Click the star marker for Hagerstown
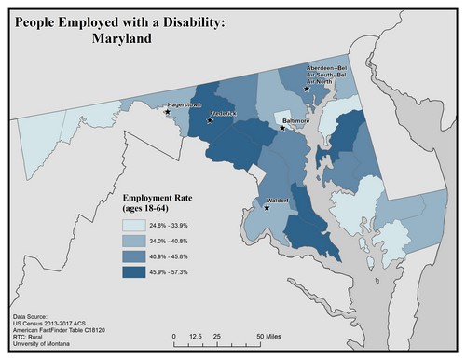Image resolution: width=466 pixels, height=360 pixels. point(168,112)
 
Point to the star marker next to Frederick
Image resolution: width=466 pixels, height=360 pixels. point(210,120)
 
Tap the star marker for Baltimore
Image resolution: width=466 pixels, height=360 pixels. point(283,129)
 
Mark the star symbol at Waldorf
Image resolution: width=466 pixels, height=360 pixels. point(267,207)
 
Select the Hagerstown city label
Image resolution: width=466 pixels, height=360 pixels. point(185,105)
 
